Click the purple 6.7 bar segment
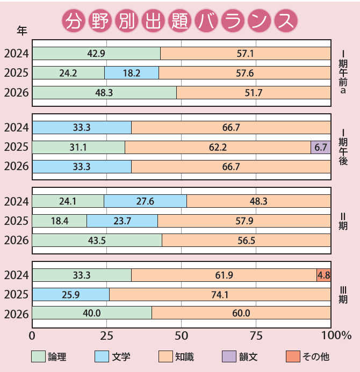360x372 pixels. point(321,147)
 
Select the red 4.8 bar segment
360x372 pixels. point(323,275)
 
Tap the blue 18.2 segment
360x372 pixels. point(132,72)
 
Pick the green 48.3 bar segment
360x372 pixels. point(104,93)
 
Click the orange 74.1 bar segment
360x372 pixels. point(220,295)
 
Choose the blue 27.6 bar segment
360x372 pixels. point(145,201)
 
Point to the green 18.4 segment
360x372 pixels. point(60,221)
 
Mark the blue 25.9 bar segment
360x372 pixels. point(71,295)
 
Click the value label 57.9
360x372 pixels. point(244,221)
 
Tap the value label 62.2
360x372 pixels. point(218,147)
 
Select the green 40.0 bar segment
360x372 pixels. point(92,313)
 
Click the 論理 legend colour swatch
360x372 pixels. point(38,356)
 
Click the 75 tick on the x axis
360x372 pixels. point(256,335)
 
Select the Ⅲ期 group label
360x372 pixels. point(342,295)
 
